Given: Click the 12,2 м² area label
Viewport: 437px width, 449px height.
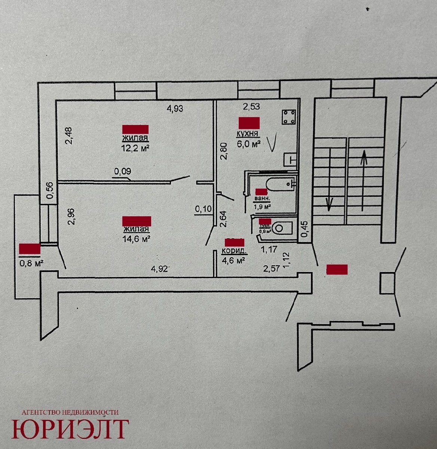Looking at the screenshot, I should pyautogui.click(x=135, y=148).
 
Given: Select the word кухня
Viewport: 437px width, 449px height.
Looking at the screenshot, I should pyautogui.click(x=248, y=134).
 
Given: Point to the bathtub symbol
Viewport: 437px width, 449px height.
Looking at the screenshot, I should pyautogui.click(x=279, y=184).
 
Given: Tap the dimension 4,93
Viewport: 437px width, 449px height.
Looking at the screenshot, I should pyautogui.click(x=175, y=109).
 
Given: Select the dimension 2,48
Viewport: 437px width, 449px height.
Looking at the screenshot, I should pyautogui.click(x=68, y=137).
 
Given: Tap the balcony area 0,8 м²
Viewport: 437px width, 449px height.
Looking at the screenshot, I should pyautogui.click(x=31, y=263).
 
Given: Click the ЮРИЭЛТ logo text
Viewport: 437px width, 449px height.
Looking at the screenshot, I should pyautogui.click(x=70, y=429).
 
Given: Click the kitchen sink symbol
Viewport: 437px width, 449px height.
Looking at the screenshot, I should pyautogui.click(x=290, y=159).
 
